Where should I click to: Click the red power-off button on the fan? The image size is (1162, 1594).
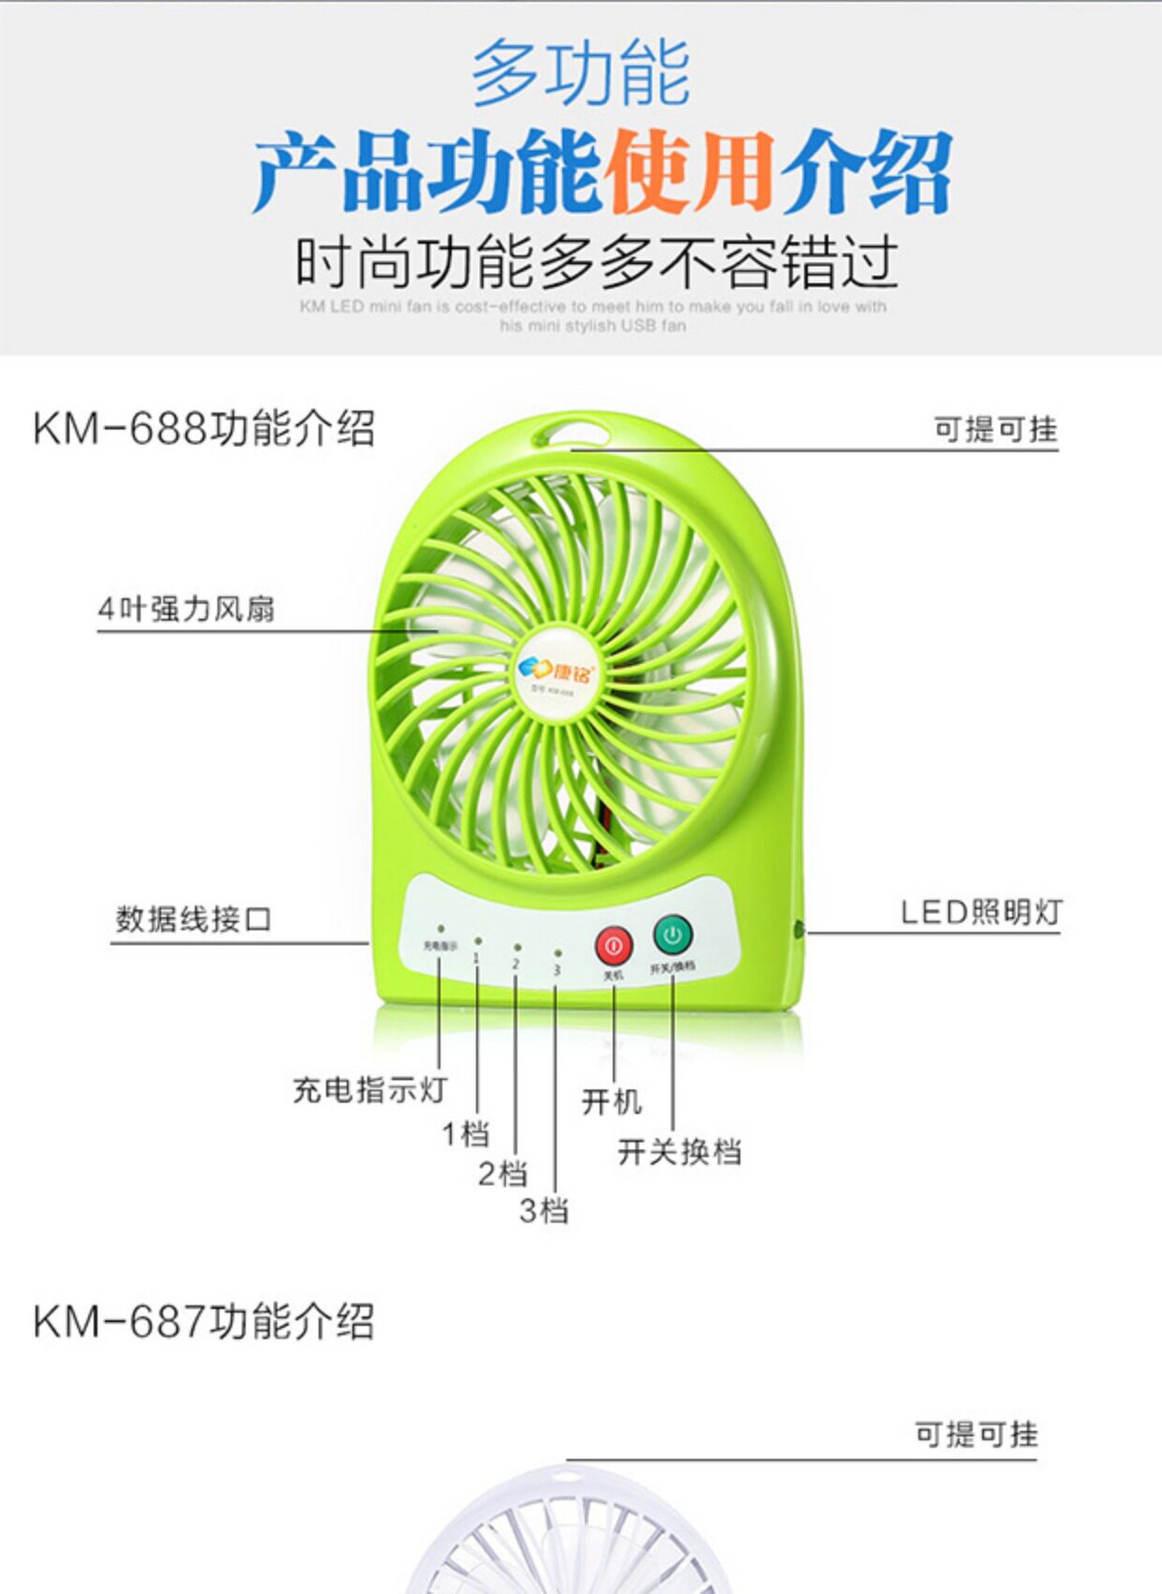pos(614,946)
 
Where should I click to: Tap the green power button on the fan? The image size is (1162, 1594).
pos(672,934)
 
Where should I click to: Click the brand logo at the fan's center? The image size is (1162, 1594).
pos(556,671)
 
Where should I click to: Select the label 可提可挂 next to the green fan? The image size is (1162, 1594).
pos(995,429)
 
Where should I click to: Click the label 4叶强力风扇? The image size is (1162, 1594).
pos(186,609)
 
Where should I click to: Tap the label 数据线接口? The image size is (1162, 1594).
pos(193,919)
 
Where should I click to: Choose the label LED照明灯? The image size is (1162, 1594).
pos(981,911)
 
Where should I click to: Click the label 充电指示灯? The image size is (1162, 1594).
pos(369,1090)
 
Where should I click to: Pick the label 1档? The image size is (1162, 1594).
pos(466,1134)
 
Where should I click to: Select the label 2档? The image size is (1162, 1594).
pos(502,1173)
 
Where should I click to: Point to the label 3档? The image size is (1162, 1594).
pos(544,1211)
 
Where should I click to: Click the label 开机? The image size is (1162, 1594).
pos(611,1101)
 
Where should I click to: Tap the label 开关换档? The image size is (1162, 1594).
pos(679,1151)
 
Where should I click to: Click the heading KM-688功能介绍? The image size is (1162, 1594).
pos(203,429)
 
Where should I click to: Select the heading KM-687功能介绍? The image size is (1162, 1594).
pos(203,1321)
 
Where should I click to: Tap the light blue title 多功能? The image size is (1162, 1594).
pos(580,73)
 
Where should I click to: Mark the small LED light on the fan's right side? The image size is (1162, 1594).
pos(799,930)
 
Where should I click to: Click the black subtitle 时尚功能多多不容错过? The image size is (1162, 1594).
pos(597,262)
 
